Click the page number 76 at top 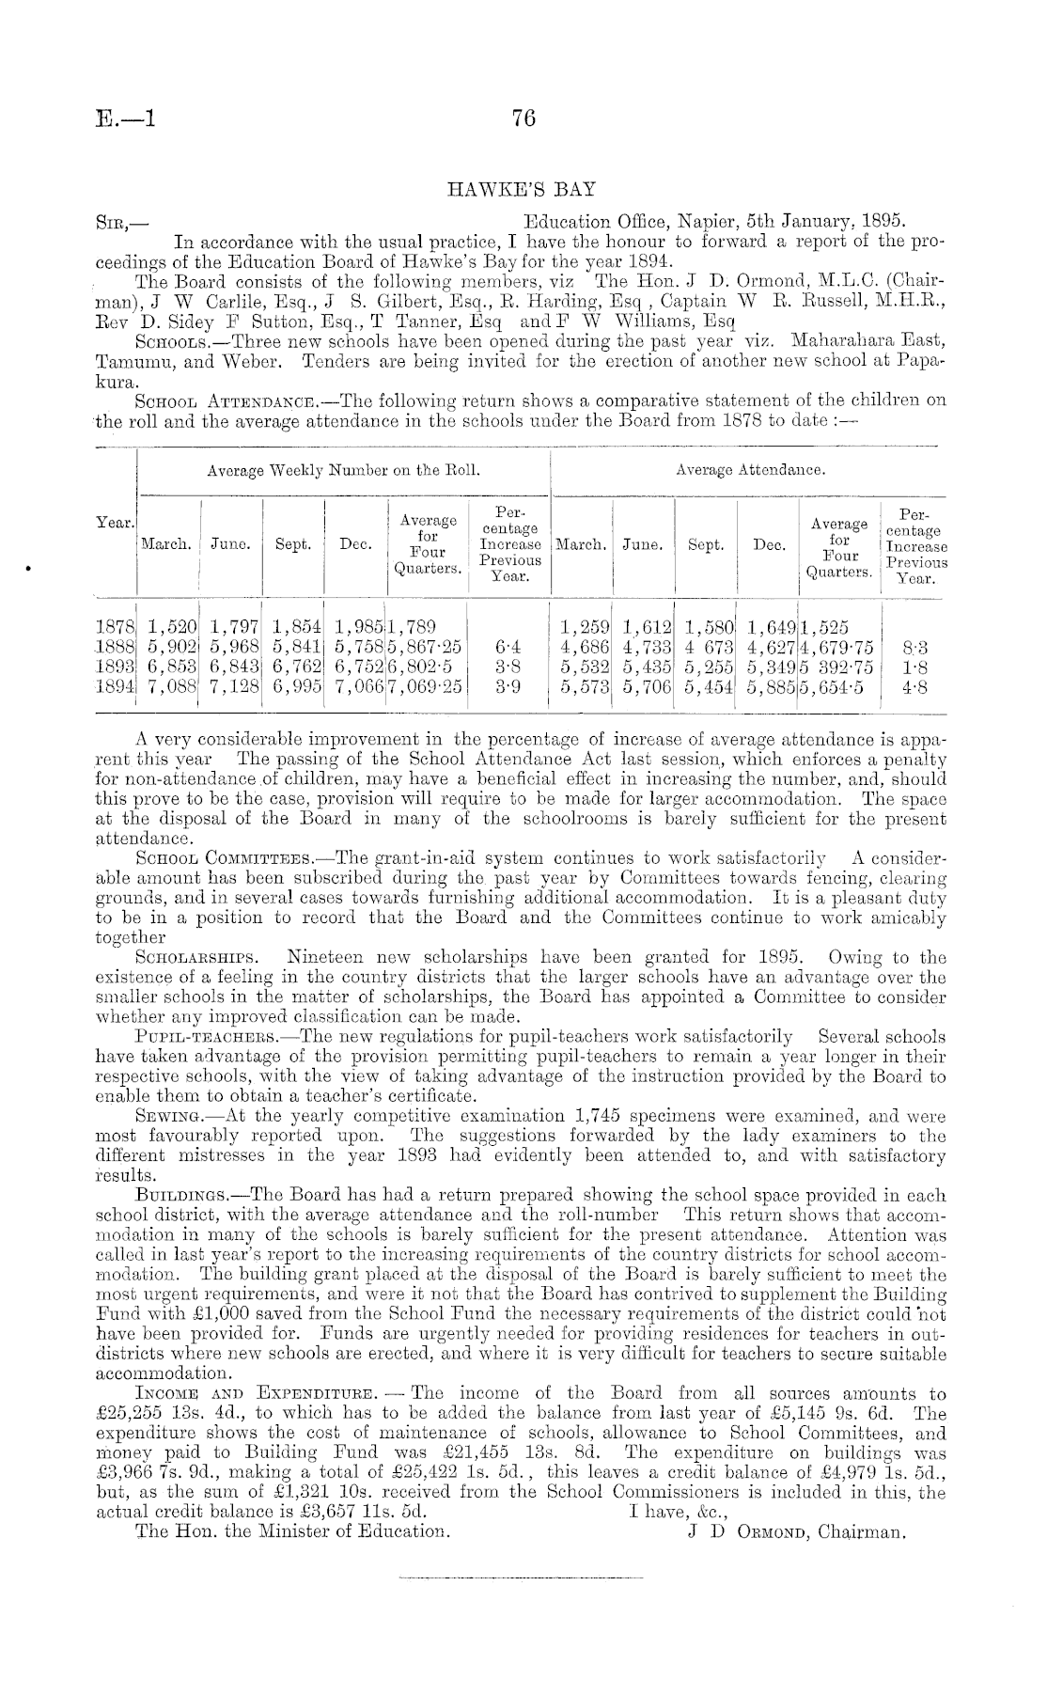[x=523, y=118]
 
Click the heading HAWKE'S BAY [x=523, y=189]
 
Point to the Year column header [x=117, y=523]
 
